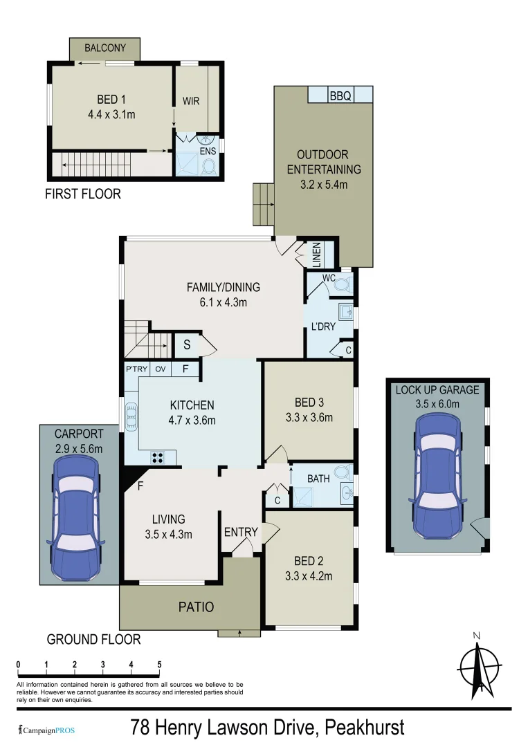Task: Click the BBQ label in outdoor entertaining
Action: point(340,96)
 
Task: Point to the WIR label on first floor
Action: point(190,101)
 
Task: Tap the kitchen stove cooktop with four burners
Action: point(158,456)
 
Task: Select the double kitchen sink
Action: point(131,417)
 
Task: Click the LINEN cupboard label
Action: point(316,254)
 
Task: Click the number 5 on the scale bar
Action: point(159,665)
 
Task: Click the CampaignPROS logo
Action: point(46,730)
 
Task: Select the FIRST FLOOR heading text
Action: point(82,194)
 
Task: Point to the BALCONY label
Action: point(105,48)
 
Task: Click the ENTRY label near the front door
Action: point(240,532)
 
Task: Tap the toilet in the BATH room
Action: point(342,472)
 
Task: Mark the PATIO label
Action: point(197,607)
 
